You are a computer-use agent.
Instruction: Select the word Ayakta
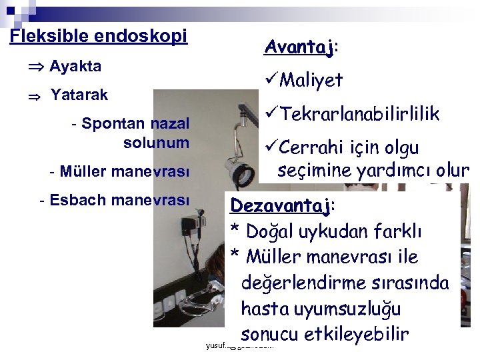click(x=75, y=66)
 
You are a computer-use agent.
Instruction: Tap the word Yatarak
click(x=79, y=95)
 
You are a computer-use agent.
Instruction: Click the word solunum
click(x=156, y=143)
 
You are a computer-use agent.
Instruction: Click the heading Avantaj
click(x=299, y=47)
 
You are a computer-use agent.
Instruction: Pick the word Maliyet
click(x=311, y=81)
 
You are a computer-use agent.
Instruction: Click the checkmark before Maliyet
click(x=271, y=81)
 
